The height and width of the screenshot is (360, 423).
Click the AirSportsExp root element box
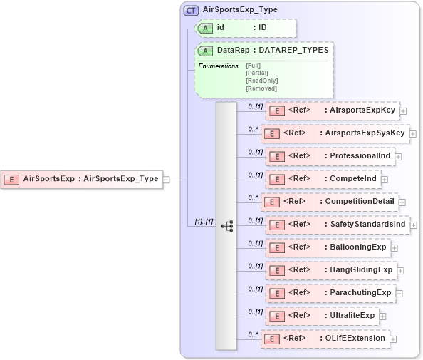(82, 179)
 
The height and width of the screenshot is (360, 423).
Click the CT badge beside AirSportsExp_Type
(191, 10)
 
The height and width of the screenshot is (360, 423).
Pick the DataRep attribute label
(233, 51)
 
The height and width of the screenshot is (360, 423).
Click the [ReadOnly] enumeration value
(261, 81)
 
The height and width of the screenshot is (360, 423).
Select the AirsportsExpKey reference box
(332, 110)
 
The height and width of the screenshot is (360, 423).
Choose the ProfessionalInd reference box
(329, 156)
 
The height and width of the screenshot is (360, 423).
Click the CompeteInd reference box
(322, 178)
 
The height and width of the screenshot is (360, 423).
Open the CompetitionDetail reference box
(329, 201)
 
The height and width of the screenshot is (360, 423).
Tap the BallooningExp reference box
(327, 247)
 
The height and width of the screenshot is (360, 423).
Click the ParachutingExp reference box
(329, 293)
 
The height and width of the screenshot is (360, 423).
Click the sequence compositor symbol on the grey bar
(227, 225)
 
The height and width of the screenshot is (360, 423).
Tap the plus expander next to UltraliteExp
(383, 316)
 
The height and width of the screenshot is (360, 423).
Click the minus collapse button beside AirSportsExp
(166, 180)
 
